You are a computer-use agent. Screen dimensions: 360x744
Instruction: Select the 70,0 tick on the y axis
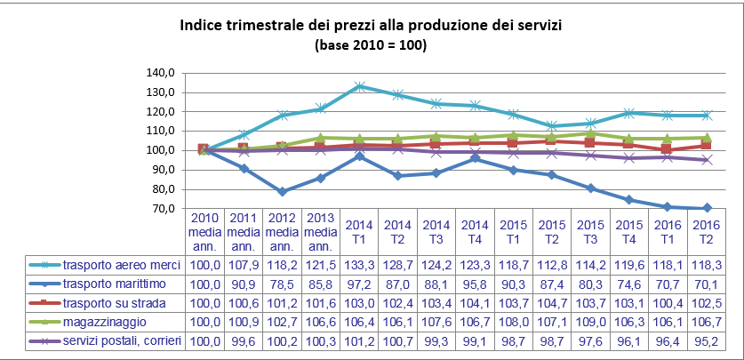[x=160, y=208]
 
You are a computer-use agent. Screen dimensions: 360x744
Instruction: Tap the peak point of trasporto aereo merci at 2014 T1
[x=359, y=86]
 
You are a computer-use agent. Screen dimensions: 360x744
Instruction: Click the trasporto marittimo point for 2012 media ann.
[x=281, y=191]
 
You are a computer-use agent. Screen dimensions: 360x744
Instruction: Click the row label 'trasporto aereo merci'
[x=121, y=265]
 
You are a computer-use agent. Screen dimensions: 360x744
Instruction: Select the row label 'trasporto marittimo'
[x=116, y=284]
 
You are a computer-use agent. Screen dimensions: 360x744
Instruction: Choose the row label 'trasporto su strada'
[x=116, y=303]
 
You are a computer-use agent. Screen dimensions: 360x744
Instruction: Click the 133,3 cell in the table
[x=358, y=265]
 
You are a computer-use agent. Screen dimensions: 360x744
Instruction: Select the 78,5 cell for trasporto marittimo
[x=281, y=284]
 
